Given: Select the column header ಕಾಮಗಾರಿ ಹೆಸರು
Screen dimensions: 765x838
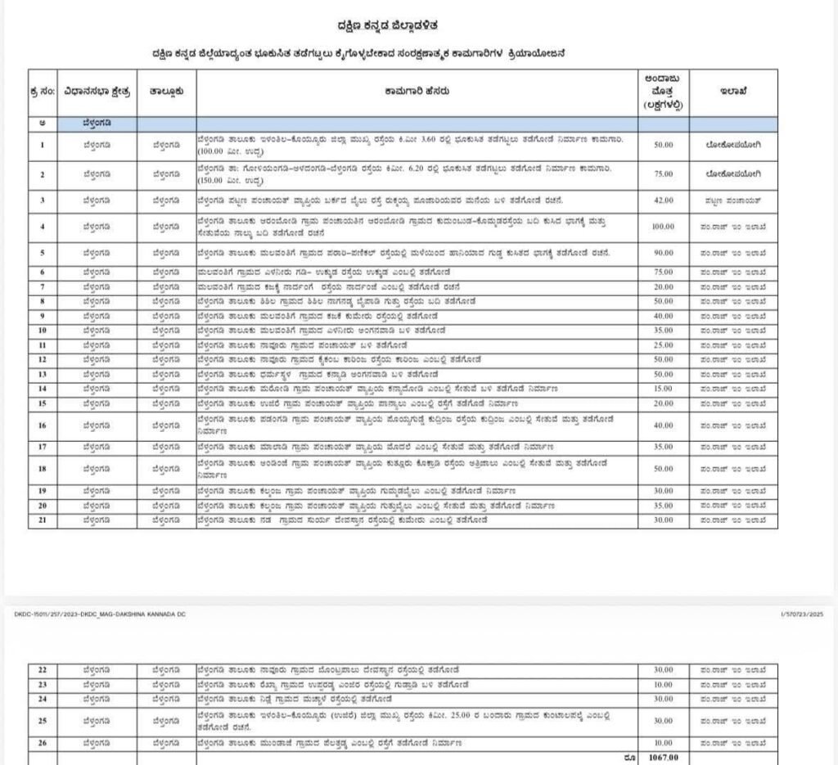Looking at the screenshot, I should tap(417, 92).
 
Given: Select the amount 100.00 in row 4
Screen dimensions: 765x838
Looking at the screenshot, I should tap(663, 227).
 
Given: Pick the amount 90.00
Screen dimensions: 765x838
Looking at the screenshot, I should tap(663, 253).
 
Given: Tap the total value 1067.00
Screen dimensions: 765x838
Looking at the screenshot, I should tap(663, 758).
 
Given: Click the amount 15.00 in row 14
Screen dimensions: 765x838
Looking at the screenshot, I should tap(663, 388).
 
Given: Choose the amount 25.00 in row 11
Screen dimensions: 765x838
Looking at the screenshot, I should tap(663, 345).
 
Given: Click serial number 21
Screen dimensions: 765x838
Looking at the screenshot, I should tap(42, 520).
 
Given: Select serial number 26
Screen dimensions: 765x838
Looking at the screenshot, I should tap(42, 743).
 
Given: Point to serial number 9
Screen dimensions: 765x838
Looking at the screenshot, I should tap(42, 316).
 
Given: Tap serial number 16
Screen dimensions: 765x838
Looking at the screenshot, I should tap(42, 425).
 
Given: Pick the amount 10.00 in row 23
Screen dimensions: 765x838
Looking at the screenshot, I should tap(663, 684).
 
